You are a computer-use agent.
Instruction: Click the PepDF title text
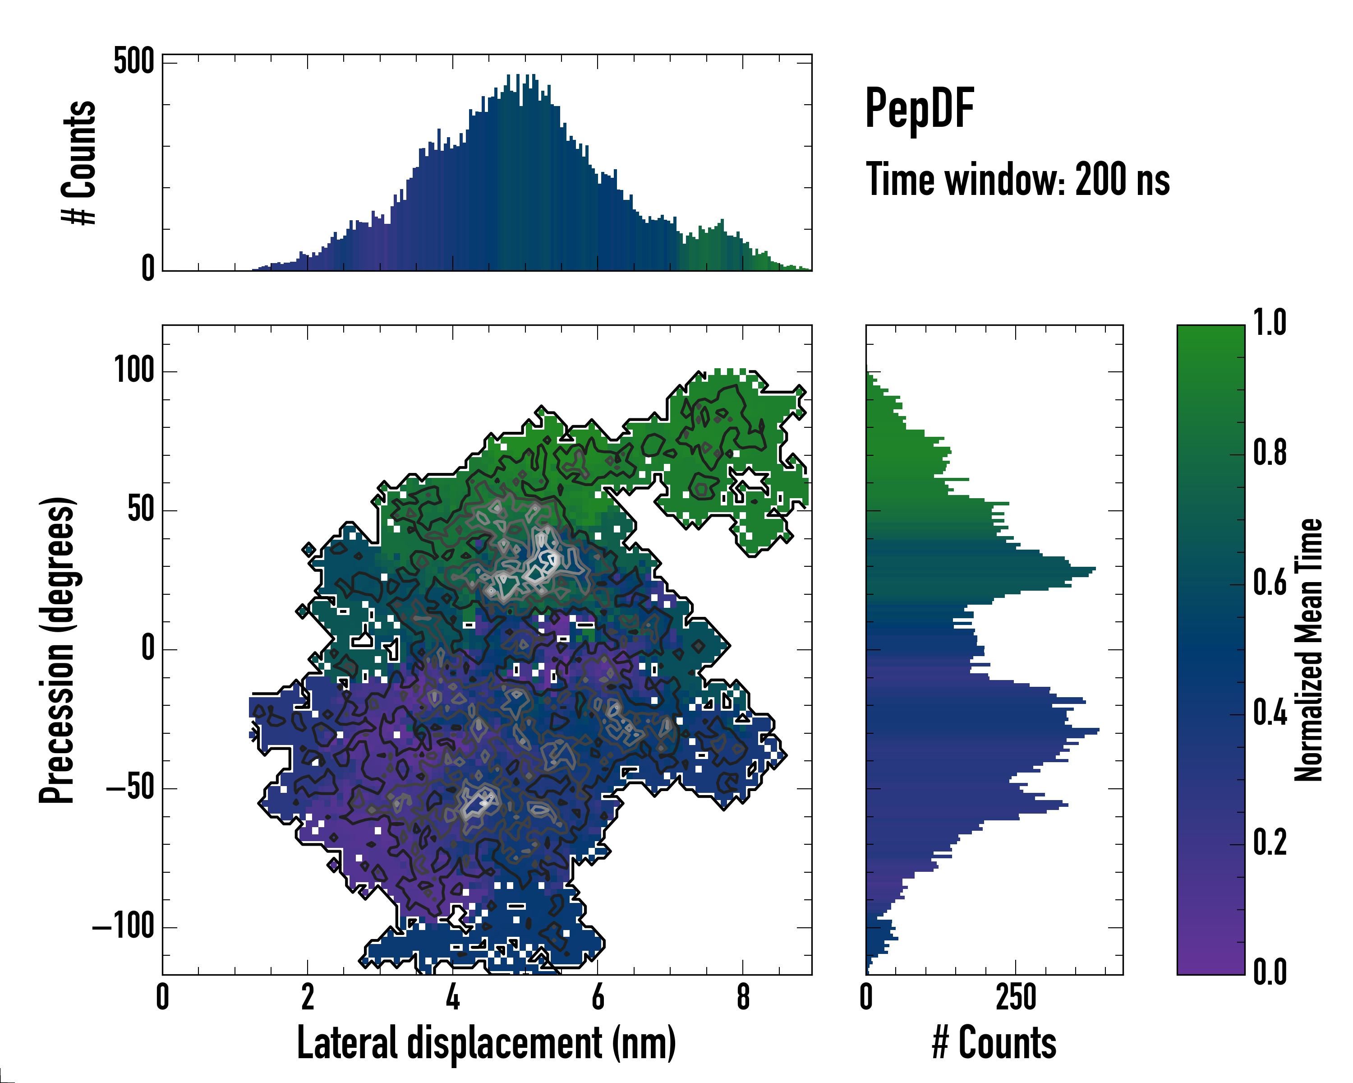pos(919,108)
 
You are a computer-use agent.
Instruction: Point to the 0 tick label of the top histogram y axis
pos(148,268)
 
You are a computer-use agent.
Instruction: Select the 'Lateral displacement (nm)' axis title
pos(486,1043)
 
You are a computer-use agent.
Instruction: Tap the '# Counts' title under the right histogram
pos(994,1043)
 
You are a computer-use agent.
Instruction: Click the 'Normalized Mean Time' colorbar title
pos(1308,650)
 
